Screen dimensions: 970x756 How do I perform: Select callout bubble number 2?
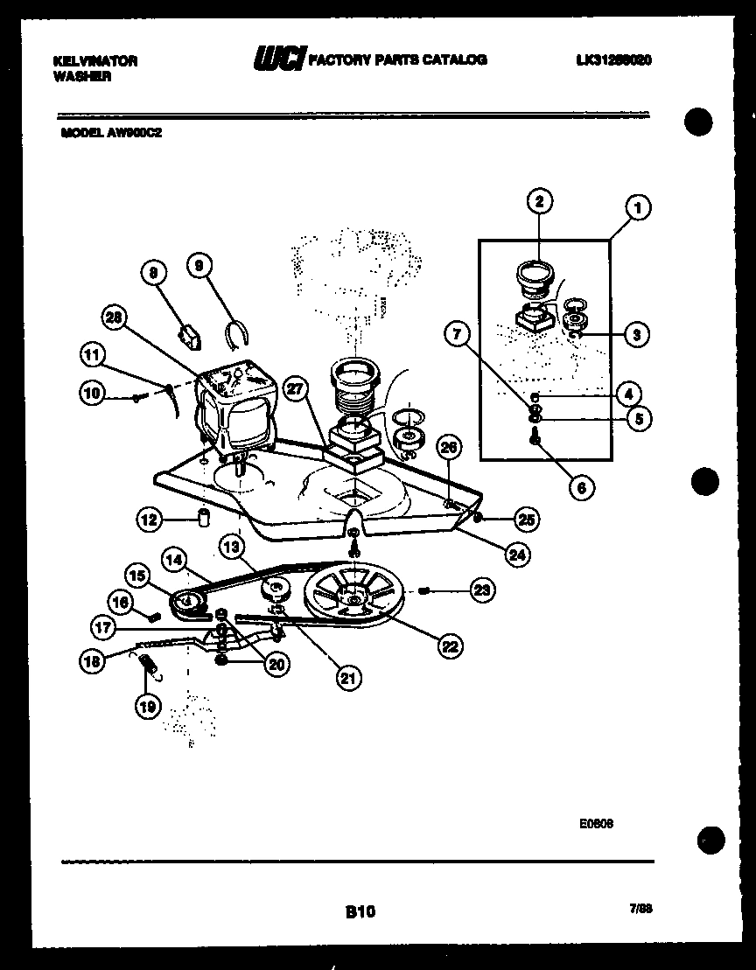(x=540, y=201)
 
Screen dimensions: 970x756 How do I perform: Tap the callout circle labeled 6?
(x=582, y=488)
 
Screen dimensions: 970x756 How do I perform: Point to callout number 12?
(x=150, y=520)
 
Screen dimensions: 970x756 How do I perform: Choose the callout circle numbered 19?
(x=149, y=705)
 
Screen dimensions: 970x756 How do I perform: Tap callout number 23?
(x=481, y=591)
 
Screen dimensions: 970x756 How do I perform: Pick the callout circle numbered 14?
(x=173, y=556)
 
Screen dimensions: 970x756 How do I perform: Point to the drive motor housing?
(x=236, y=407)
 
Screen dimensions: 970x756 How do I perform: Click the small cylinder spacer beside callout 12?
(x=204, y=518)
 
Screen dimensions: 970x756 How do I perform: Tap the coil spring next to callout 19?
(x=151, y=668)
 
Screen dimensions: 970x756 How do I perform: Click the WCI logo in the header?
(x=279, y=59)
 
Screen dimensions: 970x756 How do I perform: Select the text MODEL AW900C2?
(x=111, y=135)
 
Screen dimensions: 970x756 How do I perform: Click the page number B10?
(x=360, y=911)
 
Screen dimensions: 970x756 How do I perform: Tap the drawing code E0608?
(x=595, y=823)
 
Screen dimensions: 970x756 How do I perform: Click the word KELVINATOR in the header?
(x=95, y=61)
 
